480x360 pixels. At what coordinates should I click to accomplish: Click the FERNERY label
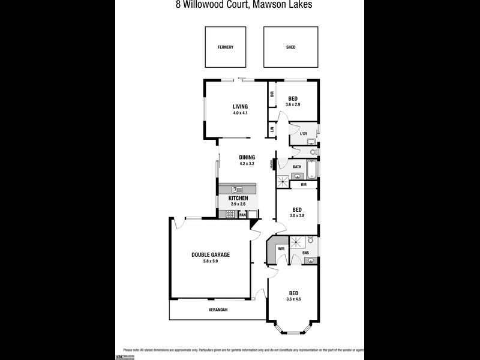point(226,47)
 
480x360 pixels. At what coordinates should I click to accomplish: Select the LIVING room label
point(240,107)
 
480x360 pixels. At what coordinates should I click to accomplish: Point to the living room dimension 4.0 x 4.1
point(240,113)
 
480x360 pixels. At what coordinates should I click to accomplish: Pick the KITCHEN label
point(238,198)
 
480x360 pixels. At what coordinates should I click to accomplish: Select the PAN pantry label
point(243,214)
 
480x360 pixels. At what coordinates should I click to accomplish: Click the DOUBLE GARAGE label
point(211,254)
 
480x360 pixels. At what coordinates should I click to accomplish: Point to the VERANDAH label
point(218,310)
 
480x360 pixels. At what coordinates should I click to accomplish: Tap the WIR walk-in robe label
point(280,249)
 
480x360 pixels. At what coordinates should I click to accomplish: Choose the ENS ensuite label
point(305,253)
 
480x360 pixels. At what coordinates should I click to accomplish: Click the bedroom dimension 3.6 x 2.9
point(293,105)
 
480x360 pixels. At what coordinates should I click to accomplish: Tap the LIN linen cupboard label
point(272,129)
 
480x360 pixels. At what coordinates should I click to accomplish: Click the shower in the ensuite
point(296,242)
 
